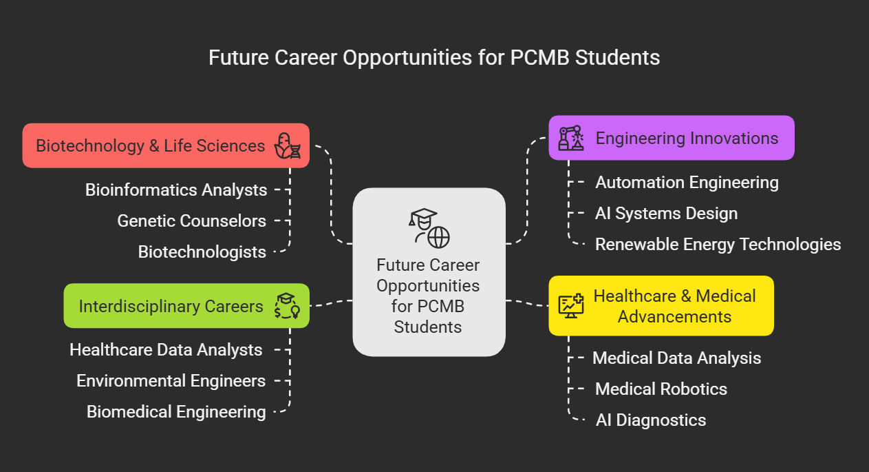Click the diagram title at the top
point(434,58)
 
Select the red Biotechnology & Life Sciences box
point(166,145)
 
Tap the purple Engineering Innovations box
point(672,138)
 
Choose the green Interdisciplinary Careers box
point(186,306)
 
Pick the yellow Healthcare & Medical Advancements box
point(661,306)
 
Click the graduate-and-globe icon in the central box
point(429,229)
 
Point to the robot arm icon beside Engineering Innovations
point(571,138)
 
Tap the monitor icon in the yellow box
point(571,306)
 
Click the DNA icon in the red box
point(288,145)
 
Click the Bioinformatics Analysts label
point(176,190)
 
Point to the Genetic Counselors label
point(192,220)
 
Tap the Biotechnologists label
point(202,252)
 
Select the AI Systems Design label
point(667,214)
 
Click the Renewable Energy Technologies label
point(718,245)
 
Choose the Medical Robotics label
point(661,389)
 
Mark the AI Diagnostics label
point(651,420)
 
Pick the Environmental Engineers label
point(171,381)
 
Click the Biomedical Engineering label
point(176,412)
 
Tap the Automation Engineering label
point(687,182)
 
